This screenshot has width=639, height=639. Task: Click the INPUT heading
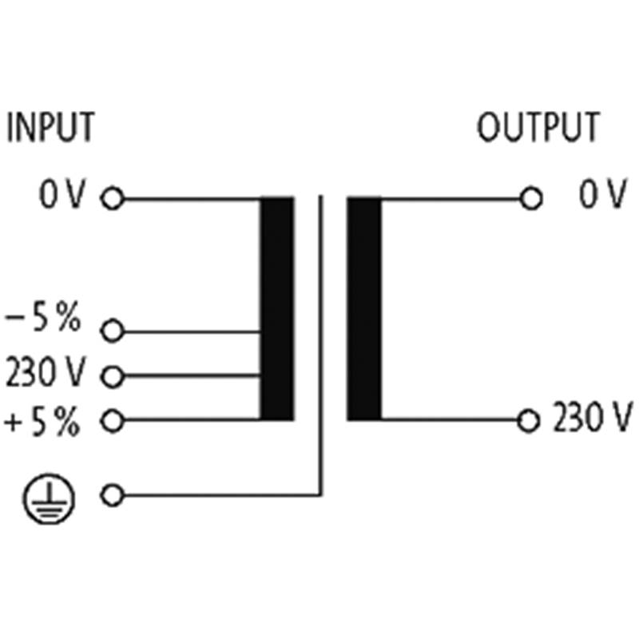(x=51, y=127)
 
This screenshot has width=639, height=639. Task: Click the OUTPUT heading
(x=538, y=127)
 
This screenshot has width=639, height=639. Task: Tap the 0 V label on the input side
(x=62, y=194)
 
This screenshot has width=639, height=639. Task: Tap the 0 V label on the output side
(x=603, y=194)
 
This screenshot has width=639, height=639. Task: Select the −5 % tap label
(x=43, y=317)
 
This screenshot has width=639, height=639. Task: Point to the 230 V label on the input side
(x=46, y=371)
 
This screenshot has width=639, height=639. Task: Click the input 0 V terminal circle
(x=113, y=198)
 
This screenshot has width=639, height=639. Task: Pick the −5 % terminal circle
(x=112, y=331)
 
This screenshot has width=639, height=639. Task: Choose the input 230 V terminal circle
(x=112, y=376)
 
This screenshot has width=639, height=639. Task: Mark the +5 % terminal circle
(x=112, y=421)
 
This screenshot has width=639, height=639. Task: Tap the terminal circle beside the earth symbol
(x=112, y=495)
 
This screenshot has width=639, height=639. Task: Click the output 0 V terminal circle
(x=531, y=199)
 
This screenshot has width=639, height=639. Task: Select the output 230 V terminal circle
(x=529, y=421)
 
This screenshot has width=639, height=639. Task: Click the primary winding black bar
(x=277, y=308)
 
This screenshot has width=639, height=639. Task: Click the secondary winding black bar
(x=364, y=308)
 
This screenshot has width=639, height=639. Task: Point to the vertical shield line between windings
(x=321, y=346)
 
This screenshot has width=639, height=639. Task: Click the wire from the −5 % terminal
(x=192, y=331)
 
